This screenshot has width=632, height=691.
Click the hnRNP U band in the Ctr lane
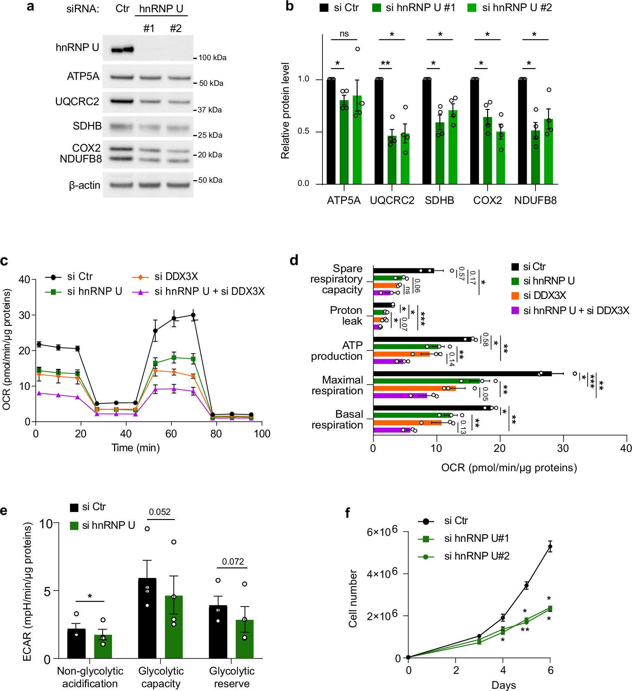pyautogui.click(x=122, y=50)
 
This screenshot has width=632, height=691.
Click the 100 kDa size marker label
pyautogui.click(x=212, y=58)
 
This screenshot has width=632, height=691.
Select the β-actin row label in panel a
pyautogui.click(x=84, y=186)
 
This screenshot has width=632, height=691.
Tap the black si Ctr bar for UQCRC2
pyautogui.click(x=379, y=132)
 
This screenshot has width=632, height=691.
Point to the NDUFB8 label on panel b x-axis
pyautogui.click(x=535, y=200)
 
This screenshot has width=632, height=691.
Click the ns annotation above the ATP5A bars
pyautogui.click(x=344, y=34)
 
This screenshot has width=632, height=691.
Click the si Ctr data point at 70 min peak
pyautogui.click(x=193, y=315)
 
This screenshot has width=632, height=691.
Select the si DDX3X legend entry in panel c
pyautogui.click(x=176, y=276)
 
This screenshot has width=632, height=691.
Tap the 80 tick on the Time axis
pyautogui.click(x=216, y=434)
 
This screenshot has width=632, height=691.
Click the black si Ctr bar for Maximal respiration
pyautogui.click(x=462, y=374)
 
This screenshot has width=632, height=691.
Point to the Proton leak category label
pyautogui.click(x=346, y=316)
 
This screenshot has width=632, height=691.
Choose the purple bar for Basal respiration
pyautogui.click(x=391, y=430)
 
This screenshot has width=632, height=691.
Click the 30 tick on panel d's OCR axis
pyautogui.click(x=563, y=448)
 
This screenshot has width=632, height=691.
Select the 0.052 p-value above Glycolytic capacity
pyautogui.click(x=159, y=512)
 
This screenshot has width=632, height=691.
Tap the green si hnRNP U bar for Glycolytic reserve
pyautogui.click(x=245, y=639)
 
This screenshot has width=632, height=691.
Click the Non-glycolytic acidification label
pyautogui.click(x=90, y=677)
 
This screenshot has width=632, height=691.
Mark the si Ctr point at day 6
pyautogui.click(x=550, y=547)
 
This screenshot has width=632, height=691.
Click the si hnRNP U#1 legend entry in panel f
pyautogui.click(x=476, y=538)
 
